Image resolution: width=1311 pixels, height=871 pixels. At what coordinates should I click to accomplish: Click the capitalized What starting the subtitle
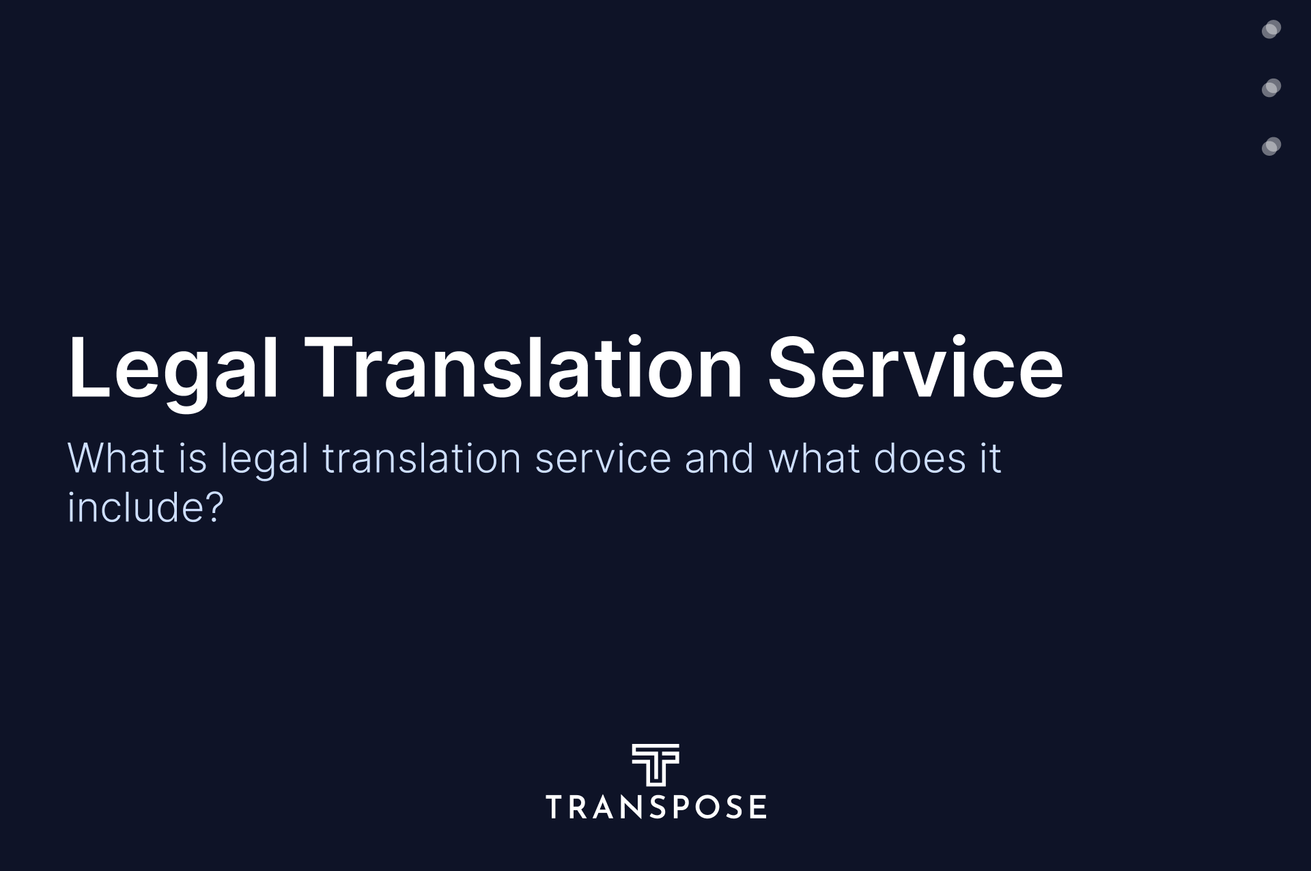(116, 458)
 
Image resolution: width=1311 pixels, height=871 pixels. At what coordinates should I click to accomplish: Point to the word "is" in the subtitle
(193, 458)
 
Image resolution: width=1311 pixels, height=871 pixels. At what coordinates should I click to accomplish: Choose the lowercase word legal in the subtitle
(264, 461)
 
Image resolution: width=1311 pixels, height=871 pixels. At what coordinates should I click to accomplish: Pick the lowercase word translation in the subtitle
(422, 458)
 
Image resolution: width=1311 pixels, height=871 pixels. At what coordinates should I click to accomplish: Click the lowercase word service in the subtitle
(604, 459)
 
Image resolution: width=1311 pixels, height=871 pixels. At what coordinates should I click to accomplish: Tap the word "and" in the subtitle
(720, 458)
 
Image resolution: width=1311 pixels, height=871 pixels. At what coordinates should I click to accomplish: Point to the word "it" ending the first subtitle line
(991, 458)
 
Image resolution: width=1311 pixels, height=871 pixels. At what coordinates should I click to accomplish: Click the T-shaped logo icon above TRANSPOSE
(655, 765)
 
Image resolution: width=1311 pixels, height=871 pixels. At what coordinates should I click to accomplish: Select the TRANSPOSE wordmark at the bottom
(655, 807)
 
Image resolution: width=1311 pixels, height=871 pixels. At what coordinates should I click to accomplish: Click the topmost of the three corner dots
(1271, 29)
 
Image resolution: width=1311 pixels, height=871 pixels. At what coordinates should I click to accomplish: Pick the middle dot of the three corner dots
(1271, 88)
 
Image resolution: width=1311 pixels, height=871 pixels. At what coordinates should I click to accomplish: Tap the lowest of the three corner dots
(1271, 147)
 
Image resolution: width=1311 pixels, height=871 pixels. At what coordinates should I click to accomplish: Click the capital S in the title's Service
(792, 367)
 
